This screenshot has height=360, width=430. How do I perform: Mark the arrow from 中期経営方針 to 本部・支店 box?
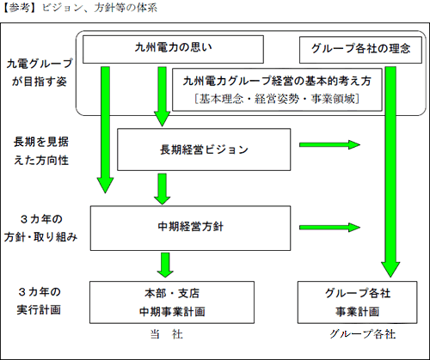157,263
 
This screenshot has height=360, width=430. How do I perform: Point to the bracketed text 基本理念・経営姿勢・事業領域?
276,99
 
